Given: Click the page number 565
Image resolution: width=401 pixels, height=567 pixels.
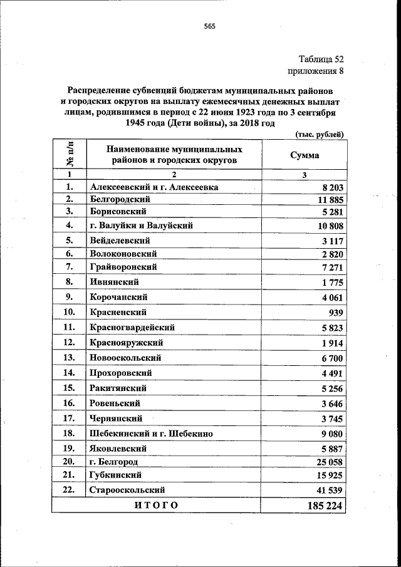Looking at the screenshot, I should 209,26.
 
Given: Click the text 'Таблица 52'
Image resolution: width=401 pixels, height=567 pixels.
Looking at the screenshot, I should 321,60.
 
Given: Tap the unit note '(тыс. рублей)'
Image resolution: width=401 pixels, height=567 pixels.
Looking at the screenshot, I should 319,134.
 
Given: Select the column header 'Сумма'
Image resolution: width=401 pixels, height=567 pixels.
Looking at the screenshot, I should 305,155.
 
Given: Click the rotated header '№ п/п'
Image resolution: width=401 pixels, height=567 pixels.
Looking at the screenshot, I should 69,154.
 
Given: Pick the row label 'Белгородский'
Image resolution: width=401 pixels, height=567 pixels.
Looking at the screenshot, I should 120,199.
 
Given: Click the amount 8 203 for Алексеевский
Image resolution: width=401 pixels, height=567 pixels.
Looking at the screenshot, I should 330,187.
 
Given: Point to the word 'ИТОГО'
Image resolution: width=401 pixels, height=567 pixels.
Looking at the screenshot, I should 156,506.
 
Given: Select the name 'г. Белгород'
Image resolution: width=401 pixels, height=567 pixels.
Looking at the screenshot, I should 114,462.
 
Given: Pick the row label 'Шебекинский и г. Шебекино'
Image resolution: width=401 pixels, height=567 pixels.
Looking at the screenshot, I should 152,434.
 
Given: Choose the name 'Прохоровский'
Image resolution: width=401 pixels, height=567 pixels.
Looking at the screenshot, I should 121,373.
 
